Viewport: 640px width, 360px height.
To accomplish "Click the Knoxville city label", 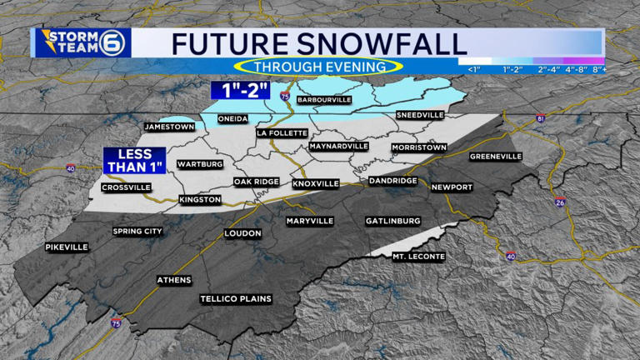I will (316, 182).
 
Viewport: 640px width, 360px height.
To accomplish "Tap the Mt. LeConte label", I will (418, 257).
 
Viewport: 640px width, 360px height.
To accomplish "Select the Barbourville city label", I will (324, 100).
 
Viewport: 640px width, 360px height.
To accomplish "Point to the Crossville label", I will (126, 187).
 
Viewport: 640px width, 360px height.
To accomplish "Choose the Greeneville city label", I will (495, 156).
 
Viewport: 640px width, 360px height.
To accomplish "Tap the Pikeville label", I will (67, 247).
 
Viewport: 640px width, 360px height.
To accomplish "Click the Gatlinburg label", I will (392, 221).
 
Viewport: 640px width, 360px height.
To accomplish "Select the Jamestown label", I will (169, 127).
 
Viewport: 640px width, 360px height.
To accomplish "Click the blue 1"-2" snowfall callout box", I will (240, 90).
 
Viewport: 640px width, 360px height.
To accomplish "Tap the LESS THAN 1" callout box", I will (134, 161).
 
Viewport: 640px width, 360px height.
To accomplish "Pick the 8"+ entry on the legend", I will (597, 69).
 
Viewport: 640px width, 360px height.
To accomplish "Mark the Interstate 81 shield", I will (540, 120).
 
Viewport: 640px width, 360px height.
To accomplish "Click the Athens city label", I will (174, 280).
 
